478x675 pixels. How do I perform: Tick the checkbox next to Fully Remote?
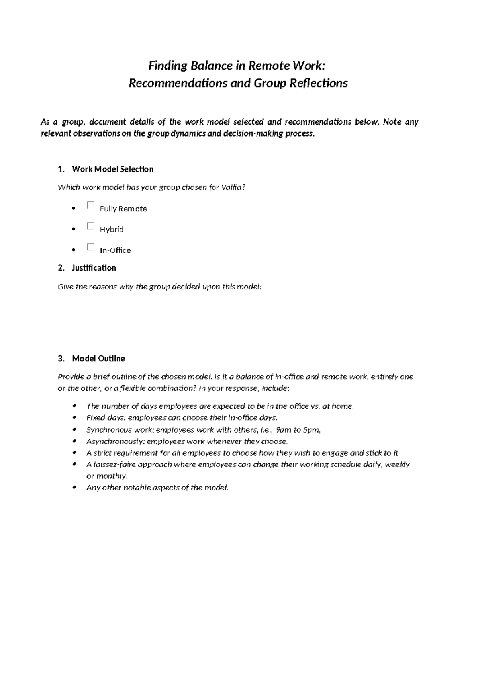(x=90, y=205)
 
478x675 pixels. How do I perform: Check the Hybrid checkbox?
(x=90, y=226)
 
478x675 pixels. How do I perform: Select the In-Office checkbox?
(x=90, y=247)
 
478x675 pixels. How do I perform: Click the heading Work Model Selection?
(x=113, y=169)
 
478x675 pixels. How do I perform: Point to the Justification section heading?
(x=94, y=268)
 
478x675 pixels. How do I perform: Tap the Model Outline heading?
(x=98, y=359)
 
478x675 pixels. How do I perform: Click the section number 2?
(x=61, y=268)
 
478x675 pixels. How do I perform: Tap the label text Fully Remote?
(x=123, y=209)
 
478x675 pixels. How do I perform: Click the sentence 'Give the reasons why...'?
(x=159, y=287)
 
